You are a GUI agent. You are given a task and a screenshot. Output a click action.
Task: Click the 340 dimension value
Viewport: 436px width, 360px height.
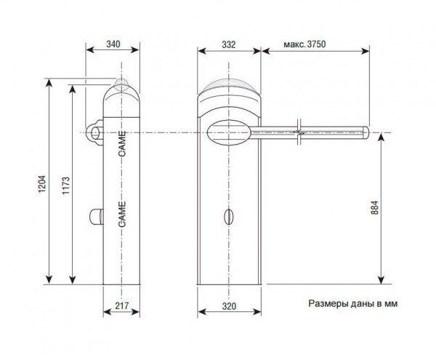click(x=113, y=44)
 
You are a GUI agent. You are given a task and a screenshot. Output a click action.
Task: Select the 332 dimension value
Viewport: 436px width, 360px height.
click(x=229, y=44)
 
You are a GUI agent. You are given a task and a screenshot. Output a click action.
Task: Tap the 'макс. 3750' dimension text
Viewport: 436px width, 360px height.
click(x=304, y=44)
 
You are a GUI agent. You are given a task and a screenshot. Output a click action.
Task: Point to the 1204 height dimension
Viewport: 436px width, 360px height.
click(x=41, y=184)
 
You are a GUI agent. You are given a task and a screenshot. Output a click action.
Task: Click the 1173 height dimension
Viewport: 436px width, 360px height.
click(x=65, y=185)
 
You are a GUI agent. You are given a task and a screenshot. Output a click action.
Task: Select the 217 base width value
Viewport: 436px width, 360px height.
click(x=122, y=305)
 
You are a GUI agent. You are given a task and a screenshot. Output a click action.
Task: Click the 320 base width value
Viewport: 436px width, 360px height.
click(x=229, y=306)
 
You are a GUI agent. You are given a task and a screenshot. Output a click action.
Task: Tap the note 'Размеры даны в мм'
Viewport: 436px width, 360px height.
click(x=353, y=303)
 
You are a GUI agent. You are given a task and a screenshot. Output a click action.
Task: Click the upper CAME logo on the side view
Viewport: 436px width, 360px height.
click(x=122, y=143)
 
